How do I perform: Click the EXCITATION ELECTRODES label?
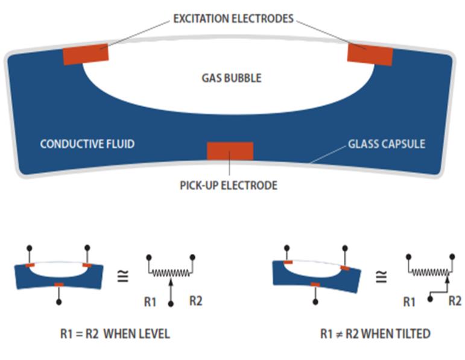point(233,19)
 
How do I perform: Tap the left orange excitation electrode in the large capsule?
point(86,54)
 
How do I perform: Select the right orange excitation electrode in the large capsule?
point(370,55)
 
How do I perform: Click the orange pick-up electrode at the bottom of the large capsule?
point(230,151)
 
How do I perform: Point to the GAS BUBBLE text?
point(231,78)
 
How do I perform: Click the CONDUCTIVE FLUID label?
point(87,144)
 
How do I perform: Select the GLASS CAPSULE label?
point(386,144)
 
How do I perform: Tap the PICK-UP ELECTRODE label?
point(229,185)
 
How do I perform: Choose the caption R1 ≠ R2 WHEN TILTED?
point(375,333)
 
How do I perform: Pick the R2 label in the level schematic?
point(195,300)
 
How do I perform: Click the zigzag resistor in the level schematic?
point(171,273)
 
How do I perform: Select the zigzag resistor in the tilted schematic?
point(429,273)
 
